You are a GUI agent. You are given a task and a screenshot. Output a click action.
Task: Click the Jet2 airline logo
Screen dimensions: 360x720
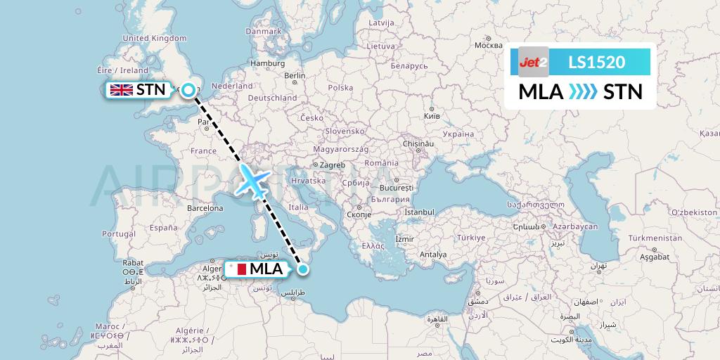click(x=533, y=62)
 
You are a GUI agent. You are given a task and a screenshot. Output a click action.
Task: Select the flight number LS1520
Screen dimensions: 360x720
click(x=596, y=62)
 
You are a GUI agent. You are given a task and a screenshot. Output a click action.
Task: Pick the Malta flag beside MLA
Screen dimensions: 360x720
click(x=237, y=269)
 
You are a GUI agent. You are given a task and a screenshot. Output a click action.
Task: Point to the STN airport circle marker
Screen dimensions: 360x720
click(x=188, y=90)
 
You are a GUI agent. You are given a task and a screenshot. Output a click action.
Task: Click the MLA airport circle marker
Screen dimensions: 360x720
click(x=303, y=269)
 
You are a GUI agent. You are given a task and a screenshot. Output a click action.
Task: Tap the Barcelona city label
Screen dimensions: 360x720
click(x=205, y=208)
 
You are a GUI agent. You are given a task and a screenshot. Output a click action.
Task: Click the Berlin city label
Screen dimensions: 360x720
click(x=295, y=75)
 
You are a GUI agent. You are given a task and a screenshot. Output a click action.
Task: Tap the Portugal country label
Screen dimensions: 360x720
click(x=118, y=233)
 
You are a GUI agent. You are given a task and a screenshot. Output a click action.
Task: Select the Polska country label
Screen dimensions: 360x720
click(x=340, y=88)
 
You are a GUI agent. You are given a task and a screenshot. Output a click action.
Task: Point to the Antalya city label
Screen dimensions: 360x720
click(x=432, y=254)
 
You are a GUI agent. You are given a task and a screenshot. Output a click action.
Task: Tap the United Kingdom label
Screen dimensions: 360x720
click(x=155, y=39)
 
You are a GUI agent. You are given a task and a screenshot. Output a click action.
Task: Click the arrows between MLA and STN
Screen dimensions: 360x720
click(x=582, y=92)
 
